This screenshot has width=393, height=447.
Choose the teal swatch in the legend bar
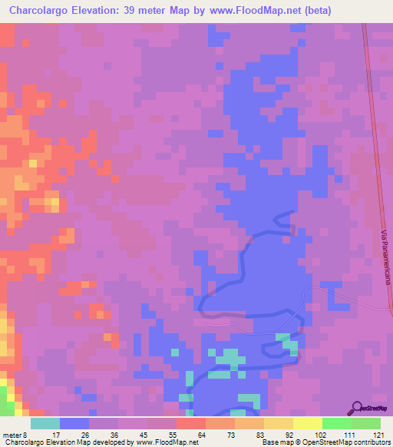pos(45,423)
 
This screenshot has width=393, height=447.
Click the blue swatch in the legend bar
pos(74,423)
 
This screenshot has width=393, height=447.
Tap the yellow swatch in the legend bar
pos(307,423)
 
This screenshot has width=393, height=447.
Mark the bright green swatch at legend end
pos(366,423)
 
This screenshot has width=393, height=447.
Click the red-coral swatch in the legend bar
pos(191,423)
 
